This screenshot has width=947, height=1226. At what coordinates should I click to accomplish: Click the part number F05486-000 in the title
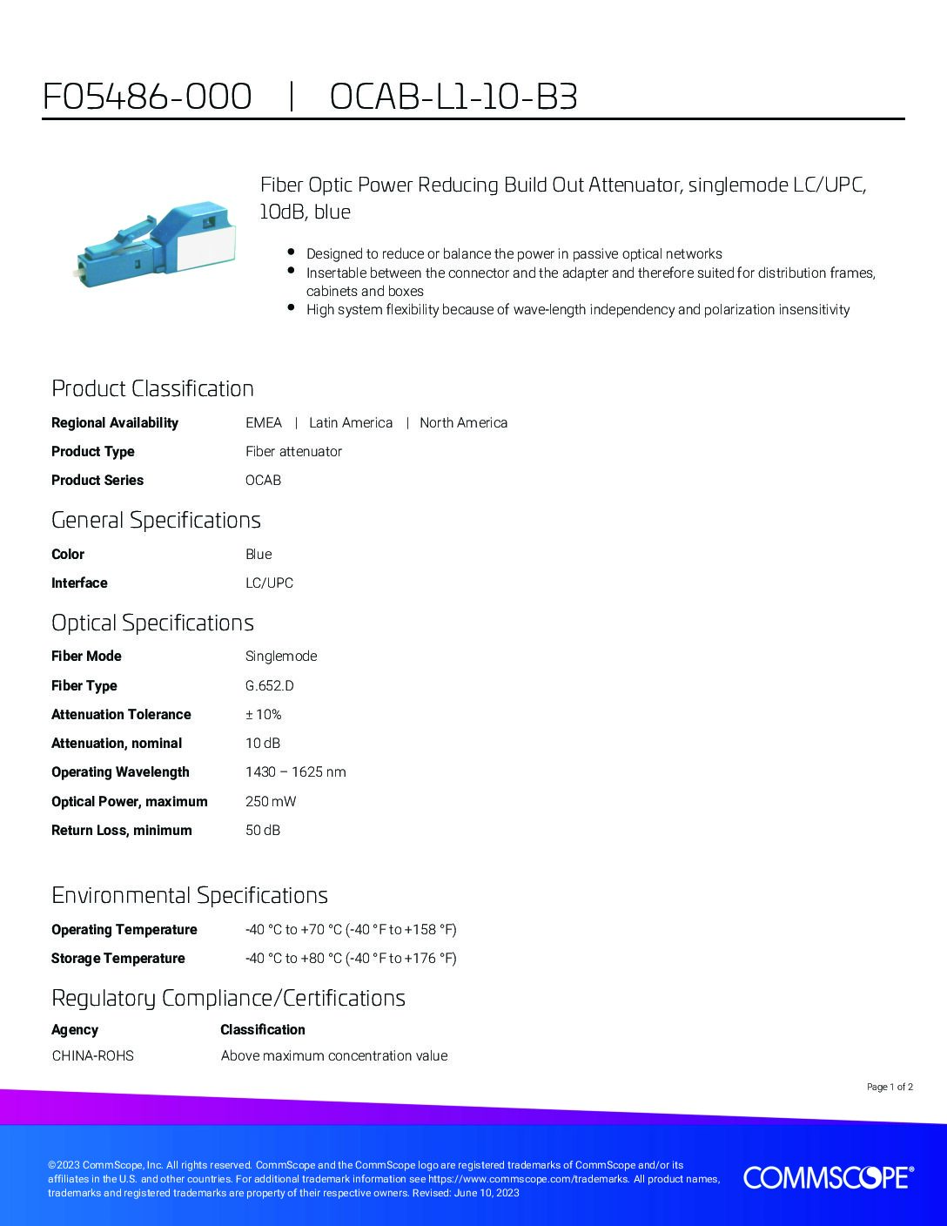click(x=147, y=97)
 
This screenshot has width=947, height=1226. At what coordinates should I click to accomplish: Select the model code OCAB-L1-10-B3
click(x=453, y=97)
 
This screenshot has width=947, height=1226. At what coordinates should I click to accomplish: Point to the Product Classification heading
click(x=152, y=388)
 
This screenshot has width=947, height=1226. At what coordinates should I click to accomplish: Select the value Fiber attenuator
click(x=293, y=451)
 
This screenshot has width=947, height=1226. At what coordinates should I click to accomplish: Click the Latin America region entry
click(x=351, y=422)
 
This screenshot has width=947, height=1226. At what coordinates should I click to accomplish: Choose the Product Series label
click(x=97, y=480)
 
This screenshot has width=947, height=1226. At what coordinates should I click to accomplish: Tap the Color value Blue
click(x=259, y=554)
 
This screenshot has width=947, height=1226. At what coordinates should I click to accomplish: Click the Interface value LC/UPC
click(x=269, y=583)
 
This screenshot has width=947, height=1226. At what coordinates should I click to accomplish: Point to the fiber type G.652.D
click(x=270, y=685)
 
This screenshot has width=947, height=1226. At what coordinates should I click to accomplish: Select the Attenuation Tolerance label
click(x=121, y=714)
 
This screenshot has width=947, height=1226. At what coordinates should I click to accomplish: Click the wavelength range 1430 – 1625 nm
click(x=295, y=771)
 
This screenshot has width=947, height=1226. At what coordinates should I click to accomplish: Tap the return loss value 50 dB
click(x=263, y=830)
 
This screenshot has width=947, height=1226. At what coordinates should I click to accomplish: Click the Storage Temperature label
click(x=118, y=958)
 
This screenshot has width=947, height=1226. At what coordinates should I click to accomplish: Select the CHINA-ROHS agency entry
click(x=92, y=1055)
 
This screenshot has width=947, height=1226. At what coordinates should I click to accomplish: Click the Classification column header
click(x=263, y=1029)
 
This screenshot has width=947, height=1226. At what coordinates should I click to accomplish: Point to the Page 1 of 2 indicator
click(x=890, y=1087)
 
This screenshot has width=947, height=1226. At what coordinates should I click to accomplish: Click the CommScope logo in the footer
click(x=828, y=1177)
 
